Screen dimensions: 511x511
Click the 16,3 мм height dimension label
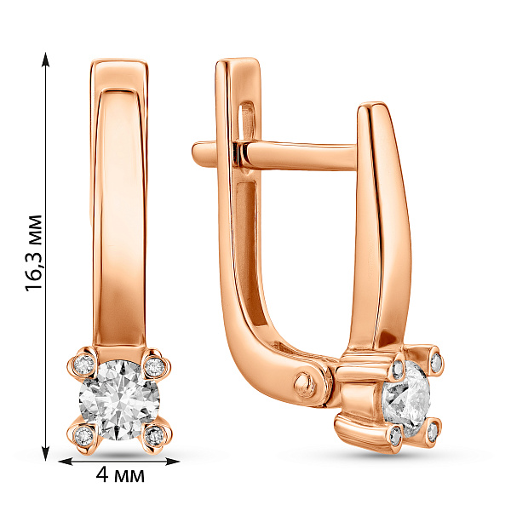click(x=33, y=253)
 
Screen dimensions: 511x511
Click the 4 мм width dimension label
click(x=120, y=475)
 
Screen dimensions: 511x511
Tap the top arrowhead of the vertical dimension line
click(x=46, y=59)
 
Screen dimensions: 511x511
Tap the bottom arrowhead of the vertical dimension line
click(x=46, y=453)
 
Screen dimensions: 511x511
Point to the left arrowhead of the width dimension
click(x=66, y=461)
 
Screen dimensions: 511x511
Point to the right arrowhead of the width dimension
click(x=172, y=461)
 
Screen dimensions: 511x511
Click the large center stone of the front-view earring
click(x=119, y=400)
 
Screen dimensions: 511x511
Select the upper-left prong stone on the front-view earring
click(x=84, y=364)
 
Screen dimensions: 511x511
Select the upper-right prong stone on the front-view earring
click(x=154, y=366)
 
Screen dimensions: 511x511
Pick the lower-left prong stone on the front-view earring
click(x=83, y=435)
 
